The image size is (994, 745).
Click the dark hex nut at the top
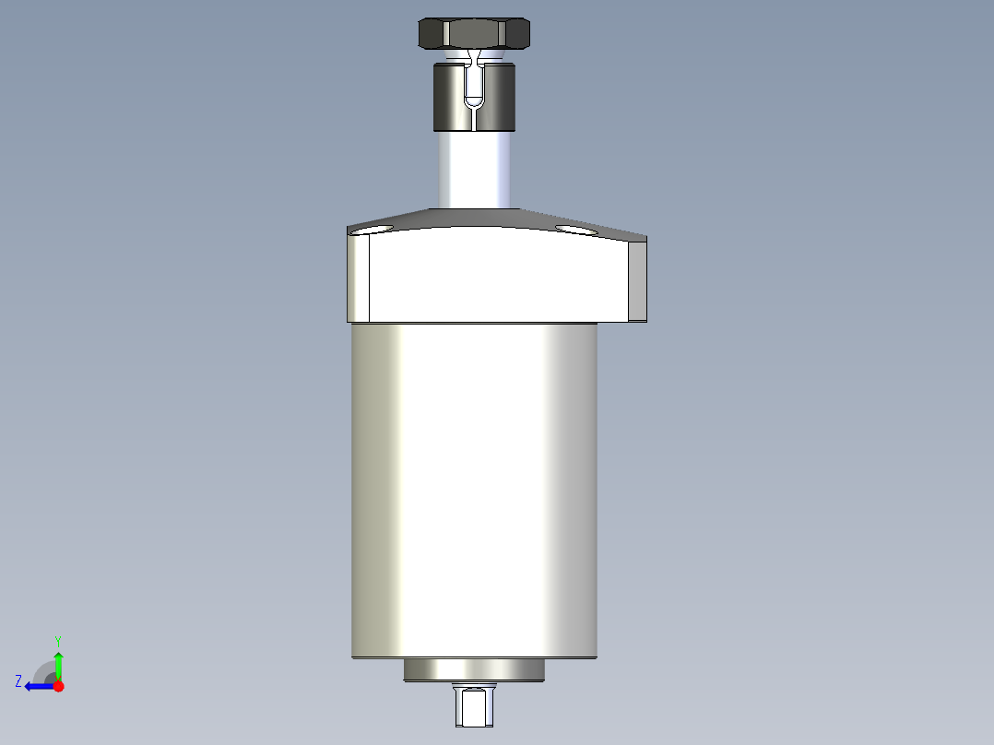click(474, 33)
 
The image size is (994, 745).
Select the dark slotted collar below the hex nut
click(452, 96)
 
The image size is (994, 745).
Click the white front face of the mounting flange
click(498, 277)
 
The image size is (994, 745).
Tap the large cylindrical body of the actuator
click(474, 489)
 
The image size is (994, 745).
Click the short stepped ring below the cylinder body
click(474, 671)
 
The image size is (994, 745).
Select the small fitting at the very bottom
click(474, 706)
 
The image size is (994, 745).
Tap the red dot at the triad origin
click(59, 686)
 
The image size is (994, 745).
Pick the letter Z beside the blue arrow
click(18, 681)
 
